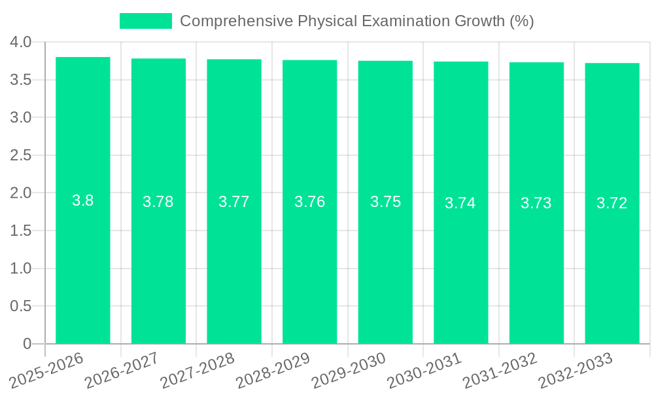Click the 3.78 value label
[158, 202]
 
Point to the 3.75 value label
[386, 202]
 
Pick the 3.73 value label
[536, 203]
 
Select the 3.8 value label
[83, 200]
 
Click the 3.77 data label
[234, 202]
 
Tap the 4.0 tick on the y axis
[21, 43]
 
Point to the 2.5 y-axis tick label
[21, 155]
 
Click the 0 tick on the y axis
[27, 344]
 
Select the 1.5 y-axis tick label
[21, 231]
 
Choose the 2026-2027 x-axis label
[122, 369]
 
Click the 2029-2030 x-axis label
[349, 369]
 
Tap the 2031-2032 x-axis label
[500, 369]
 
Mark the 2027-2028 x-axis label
[198, 369]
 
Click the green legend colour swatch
[145, 21]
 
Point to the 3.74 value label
[460, 203]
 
